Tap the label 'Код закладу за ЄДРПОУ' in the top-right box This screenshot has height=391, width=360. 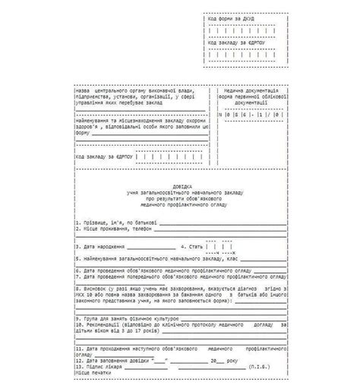pyautogui.click(x=241, y=43)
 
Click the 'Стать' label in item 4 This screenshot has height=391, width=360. pyautogui.click(x=193, y=247)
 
